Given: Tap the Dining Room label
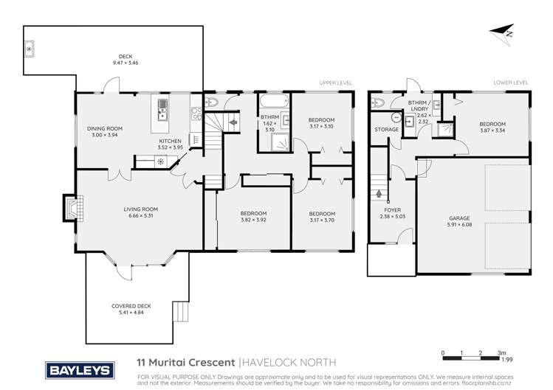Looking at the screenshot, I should coord(104,131).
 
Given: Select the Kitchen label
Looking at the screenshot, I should coord(171,144).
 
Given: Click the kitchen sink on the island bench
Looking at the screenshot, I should coord(162,114).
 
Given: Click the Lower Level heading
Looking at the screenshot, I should coord(510,83).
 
